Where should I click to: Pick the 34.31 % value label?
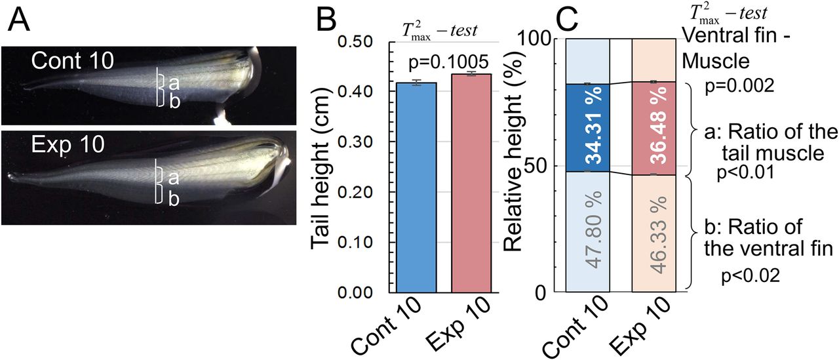[x=588, y=134]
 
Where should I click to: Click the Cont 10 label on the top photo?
[x=72, y=61]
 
